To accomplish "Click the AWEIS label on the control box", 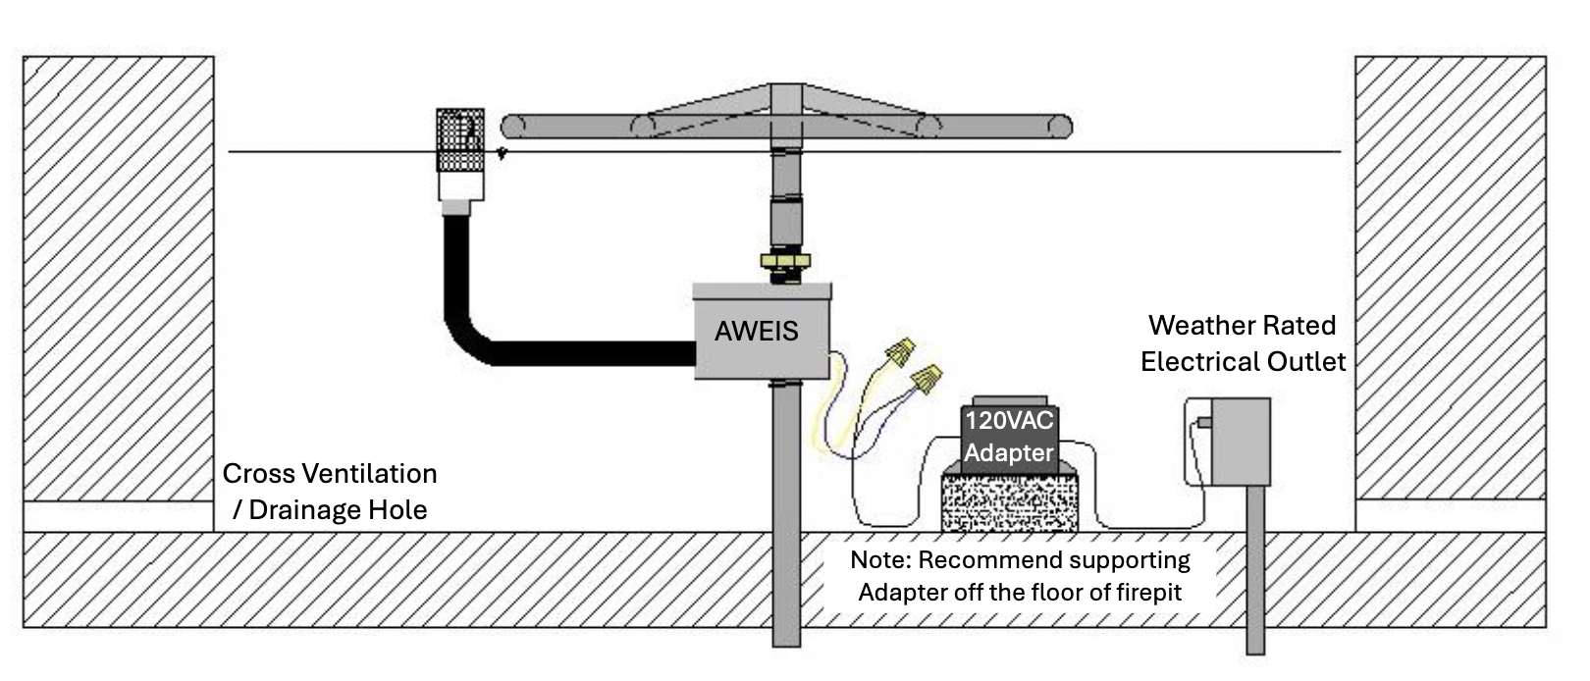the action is [x=756, y=332].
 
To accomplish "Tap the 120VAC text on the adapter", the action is [x=1009, y=421].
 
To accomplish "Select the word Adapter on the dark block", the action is [x=1009, y=453].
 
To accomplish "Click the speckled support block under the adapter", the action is [x=1009, y=502].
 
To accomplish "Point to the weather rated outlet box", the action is [x=1240, y=442].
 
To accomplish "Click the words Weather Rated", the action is [x=1242, y=325].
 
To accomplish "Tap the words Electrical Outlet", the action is [x=1243, y=362].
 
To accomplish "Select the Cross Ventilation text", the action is [x=330, y=473].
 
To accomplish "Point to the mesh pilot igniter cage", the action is [x=459, y=140].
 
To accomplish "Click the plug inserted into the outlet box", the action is [x=1203, y=424].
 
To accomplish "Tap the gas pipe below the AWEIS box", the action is [x=785, y=510].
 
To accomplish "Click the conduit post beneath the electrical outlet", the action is [x=1255, y=569].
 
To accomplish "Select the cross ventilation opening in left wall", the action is [x=118, y=516].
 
